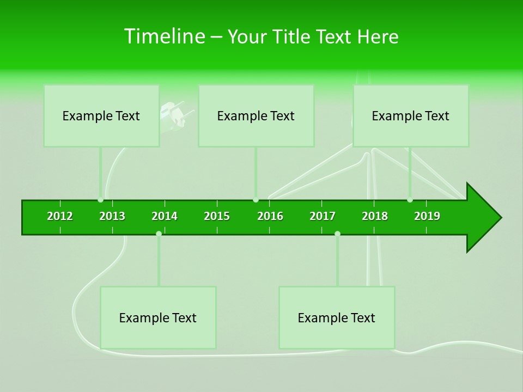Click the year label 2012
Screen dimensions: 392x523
tap(60, 216)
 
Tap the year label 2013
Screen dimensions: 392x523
tap(112, 216)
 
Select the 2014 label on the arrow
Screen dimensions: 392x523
tap(165, 216)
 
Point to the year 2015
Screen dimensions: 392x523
tap(217, 216)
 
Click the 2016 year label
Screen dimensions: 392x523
tap(270, 216)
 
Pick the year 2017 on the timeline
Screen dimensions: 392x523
tap(323, 216)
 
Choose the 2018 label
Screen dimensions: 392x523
tap(375, 216)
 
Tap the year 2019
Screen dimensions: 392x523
tap(427, 216)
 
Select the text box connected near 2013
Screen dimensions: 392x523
tap(101, 115)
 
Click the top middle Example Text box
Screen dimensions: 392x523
tap(256, 115)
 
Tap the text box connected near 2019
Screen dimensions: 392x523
tap(411, 115)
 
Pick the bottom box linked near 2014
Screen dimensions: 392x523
tap(158, 317)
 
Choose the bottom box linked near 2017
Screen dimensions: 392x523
tap(337, 317)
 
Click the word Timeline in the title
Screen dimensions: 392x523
tap(163, 36)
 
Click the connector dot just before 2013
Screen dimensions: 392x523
tap(101, 200)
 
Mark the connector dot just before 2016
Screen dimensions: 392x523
tap(256, 200)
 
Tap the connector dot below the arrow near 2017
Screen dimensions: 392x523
tap(337, 234)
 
